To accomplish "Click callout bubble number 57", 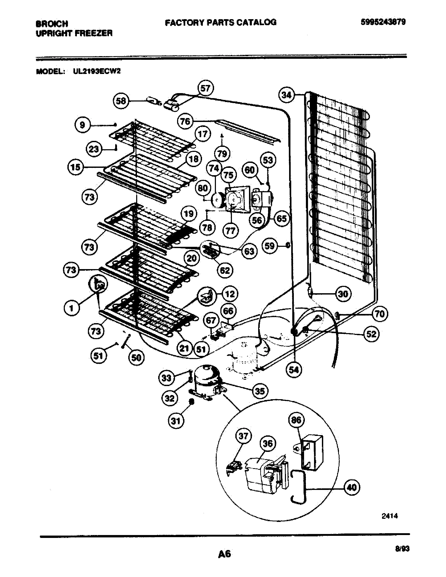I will [205, 88].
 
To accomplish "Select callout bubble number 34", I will [287, 95].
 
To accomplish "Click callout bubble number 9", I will [82, 125].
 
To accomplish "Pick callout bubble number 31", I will [176, 421].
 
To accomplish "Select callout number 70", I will [380, 314].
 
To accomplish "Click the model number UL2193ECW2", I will [97, 71].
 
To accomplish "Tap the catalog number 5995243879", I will [383, 22].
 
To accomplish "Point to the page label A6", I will [225, 553].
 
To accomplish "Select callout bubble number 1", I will [72, 308].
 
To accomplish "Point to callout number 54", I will [294, 370].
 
